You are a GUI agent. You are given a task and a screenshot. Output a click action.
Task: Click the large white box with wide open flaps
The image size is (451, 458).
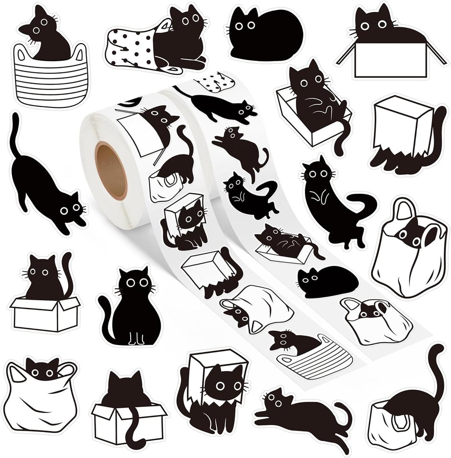[x=390, y=59]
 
